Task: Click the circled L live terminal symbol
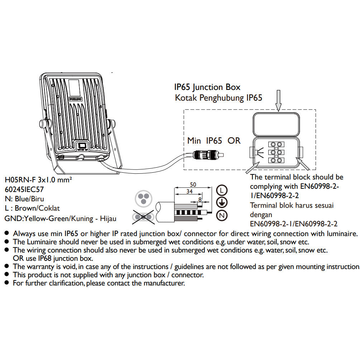(x=222, y=190)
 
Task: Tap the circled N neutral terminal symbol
(x=222, y=216)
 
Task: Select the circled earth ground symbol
(x=222, y=203)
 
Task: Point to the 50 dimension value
(x=193, y=184)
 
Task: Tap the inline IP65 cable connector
(x=207, y=155)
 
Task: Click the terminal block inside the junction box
(x=277, y=152)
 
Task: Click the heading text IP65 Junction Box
(x=207, y=87)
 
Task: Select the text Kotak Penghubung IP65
(x=219, y=98)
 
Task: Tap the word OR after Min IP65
(x=234, y=140)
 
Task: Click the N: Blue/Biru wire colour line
(x=25, y=199)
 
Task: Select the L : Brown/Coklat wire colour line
(x=33, y=208)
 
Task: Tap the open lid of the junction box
(x=276, y=124)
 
